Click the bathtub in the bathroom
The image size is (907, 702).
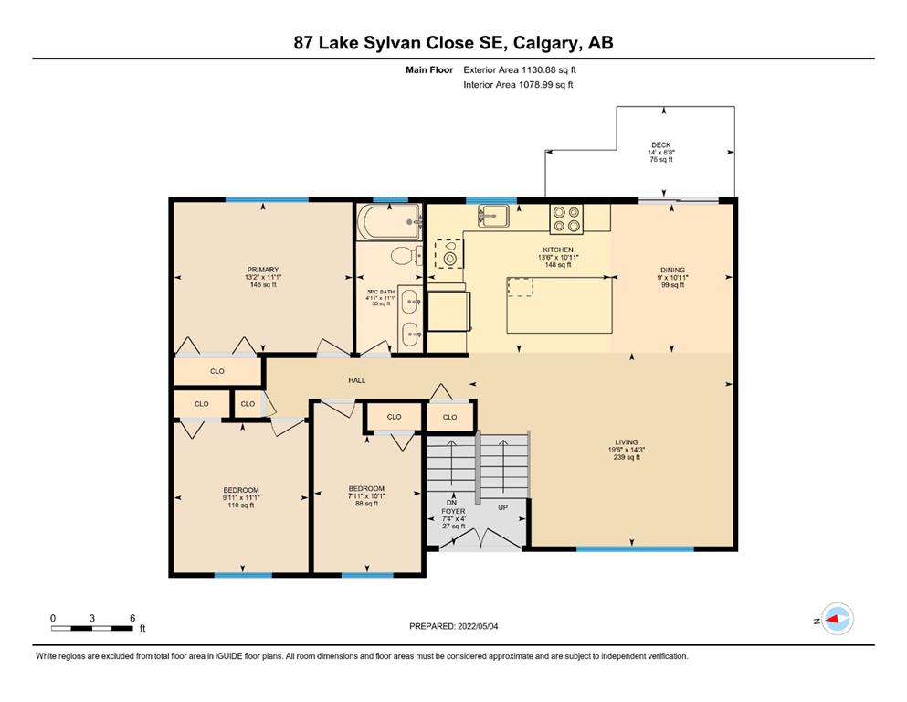pyautogui.click(x=389, y=221)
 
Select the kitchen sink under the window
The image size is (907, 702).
pyautogui.click(x=493, y=216)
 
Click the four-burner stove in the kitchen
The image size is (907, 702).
pyautogui.click(x=566, y=218)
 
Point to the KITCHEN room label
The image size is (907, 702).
pyautogui.click(x=558, y=250)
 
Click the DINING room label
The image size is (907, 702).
pyautogui.click(x=673, y=270)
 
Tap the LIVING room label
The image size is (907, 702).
pyautogui.click(x=627, y=442)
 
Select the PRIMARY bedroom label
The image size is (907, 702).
pyautogui.click(x=263, y=269)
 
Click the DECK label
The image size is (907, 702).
pyautogui.click(x=661, y=144)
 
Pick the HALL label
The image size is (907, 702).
pyautogui.click(x=357, y=380)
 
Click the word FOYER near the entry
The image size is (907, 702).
pyautogui.click(x=453, y=511)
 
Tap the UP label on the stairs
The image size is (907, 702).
pyautogui.click(x=503, y=507)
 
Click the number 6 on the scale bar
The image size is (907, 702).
pyautogui.click(x=132, y=618)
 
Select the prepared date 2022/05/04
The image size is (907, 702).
pyautogui.click(x=478, y=626)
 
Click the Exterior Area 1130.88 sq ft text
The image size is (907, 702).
pyautogui.click(x=520, y=70)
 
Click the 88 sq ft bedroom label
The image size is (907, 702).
pyautogui.click(x=367, y=503)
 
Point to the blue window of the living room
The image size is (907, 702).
pyautogui.click(x=635, y=548)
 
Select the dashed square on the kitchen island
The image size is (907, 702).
pyautogui.click(x=521, y=286)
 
